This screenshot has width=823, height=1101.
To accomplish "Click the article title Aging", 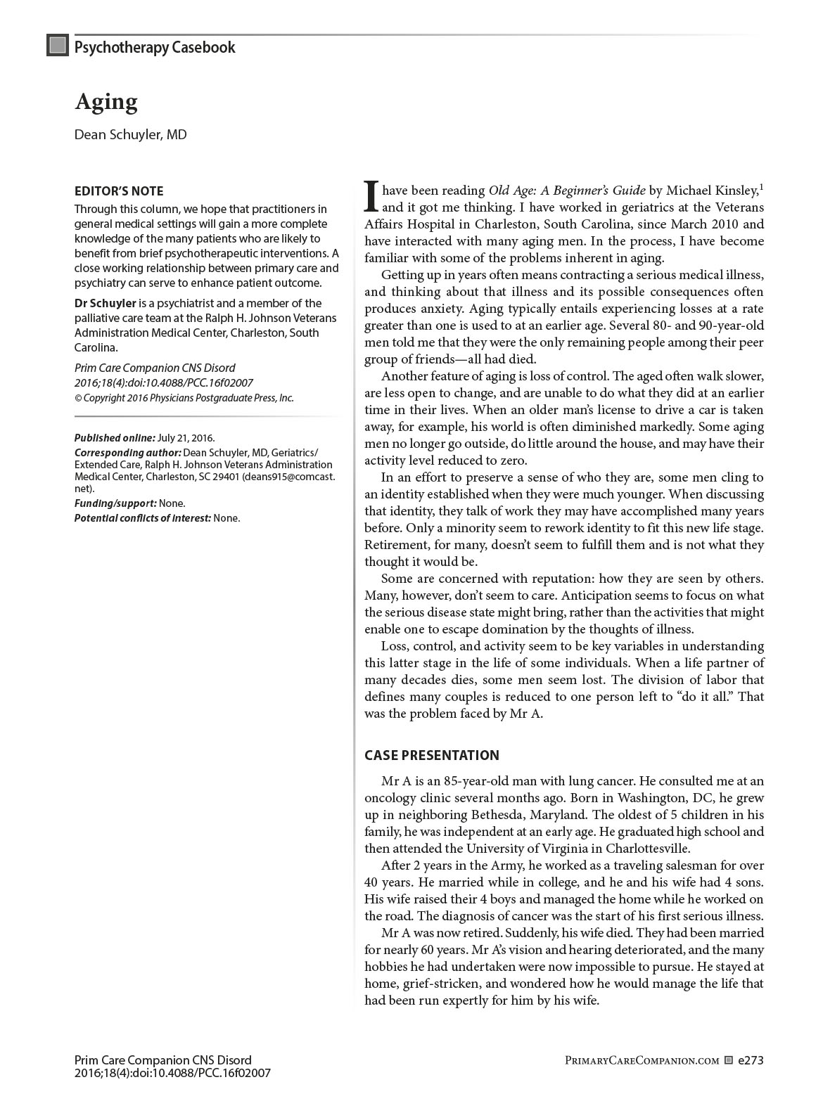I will click(x=106, y=102).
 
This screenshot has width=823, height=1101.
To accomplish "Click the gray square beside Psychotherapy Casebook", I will click(x=57, y=46).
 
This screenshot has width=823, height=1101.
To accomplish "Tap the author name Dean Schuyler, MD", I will click(x=131, y=134).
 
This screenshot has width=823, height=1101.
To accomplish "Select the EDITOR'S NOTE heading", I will click(x=119, y=191).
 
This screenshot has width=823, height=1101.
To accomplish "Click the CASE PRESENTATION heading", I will click(x=432, y=756).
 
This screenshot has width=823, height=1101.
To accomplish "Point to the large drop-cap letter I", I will click(x=371, y=197).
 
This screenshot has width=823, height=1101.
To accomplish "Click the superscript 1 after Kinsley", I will click(x=762, y=187).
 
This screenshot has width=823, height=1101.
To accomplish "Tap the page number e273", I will click(x=751, y=1060).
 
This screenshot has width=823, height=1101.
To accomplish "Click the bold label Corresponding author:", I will click(x=127, y=452).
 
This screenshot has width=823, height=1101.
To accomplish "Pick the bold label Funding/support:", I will click(x=115, y=503).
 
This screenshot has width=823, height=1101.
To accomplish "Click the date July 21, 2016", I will click(x=186, y=437).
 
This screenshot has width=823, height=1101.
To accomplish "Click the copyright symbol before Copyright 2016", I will click(x=78, y=398).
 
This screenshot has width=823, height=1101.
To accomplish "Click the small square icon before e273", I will click(x=729, y=1060).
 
